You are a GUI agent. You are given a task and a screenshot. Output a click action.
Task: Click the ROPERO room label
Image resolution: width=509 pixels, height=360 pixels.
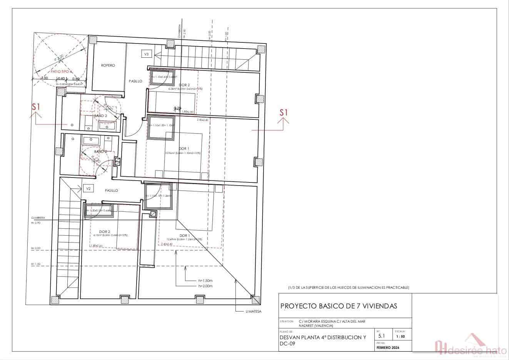[x=108, y=65]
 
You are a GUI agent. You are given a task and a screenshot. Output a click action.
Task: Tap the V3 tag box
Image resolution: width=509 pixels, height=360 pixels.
[x=146, y=54]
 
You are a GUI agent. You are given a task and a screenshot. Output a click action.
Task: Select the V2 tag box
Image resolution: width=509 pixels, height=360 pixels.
[x=88, y=189]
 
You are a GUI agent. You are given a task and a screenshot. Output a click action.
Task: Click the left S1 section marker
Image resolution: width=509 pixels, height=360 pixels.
[x=36, y=107]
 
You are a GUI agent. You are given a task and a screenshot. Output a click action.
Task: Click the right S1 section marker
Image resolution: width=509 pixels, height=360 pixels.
[x=284, y=112]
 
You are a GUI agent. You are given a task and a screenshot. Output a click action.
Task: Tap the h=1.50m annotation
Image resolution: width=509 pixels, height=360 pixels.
[x=205, y=281]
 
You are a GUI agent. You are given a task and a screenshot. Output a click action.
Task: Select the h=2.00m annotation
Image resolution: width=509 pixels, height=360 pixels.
[x=205, y=286]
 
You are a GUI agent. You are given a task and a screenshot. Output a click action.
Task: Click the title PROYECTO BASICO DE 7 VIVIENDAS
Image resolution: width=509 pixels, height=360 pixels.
[x=339, y=306]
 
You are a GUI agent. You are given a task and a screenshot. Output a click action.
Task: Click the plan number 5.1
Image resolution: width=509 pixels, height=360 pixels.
[x=382, y=336]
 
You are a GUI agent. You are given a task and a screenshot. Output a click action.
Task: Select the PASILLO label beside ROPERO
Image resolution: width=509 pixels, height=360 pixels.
[x=135, y=81]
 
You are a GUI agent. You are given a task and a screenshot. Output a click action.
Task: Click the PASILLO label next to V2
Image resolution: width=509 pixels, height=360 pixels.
[x=111, y=191]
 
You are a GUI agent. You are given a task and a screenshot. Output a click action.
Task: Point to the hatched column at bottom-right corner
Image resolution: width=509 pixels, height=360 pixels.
[x=255, y=299]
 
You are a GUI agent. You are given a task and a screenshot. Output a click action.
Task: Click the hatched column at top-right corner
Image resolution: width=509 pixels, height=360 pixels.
[x=261, y=49]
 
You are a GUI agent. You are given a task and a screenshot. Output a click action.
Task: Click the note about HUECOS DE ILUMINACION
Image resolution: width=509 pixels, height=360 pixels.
[x=349, y=288]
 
